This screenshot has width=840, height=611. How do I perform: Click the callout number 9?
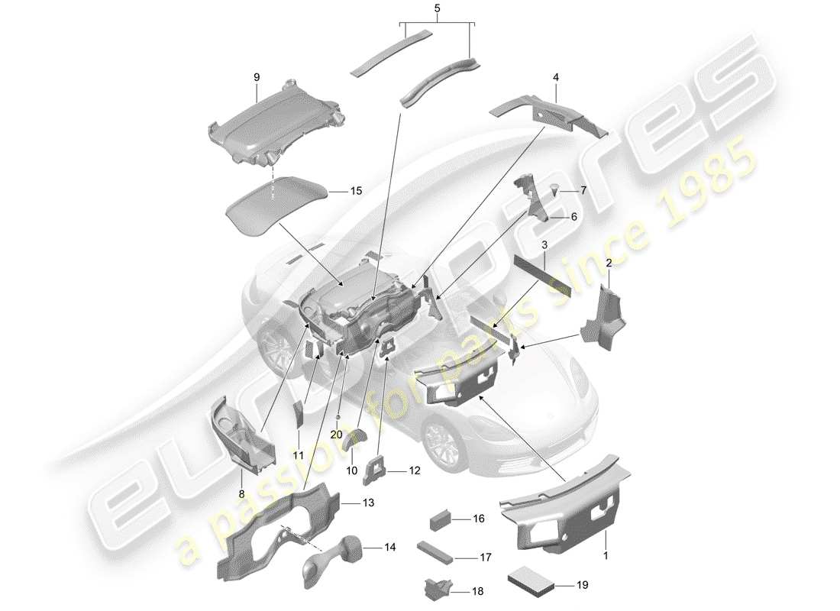coord(257,77)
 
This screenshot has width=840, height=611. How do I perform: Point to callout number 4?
coord(556,77)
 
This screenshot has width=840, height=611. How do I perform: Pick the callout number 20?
coord(337,433)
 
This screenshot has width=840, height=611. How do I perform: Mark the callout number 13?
coord(369,503)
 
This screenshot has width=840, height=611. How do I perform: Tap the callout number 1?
coord(606,558)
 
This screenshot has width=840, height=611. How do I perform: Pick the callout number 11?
coord(299,455)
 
